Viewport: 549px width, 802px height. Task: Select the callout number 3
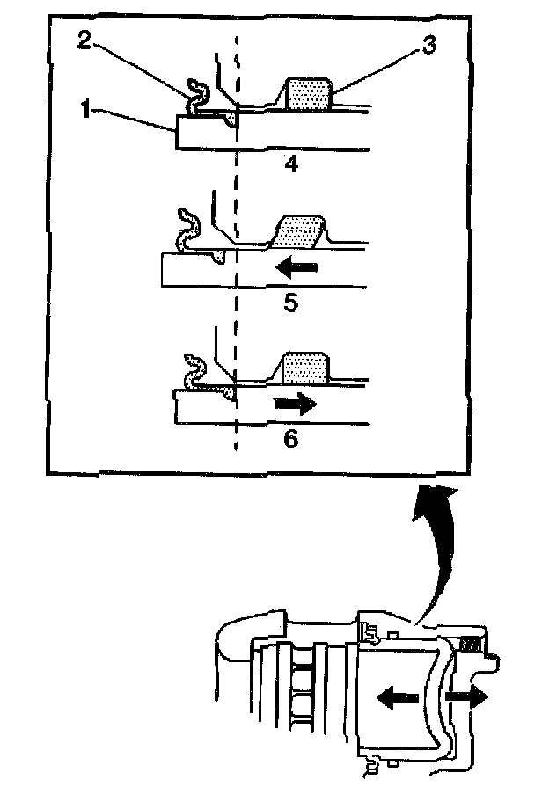point(428,47)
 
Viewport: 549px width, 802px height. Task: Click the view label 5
point(291,303)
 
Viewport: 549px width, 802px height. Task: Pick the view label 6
point(291,438)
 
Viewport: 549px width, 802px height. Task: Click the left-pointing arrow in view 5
point(292,266)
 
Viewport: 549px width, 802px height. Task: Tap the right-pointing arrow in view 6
point(295,405)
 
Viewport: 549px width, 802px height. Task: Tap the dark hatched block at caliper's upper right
point(473,645)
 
